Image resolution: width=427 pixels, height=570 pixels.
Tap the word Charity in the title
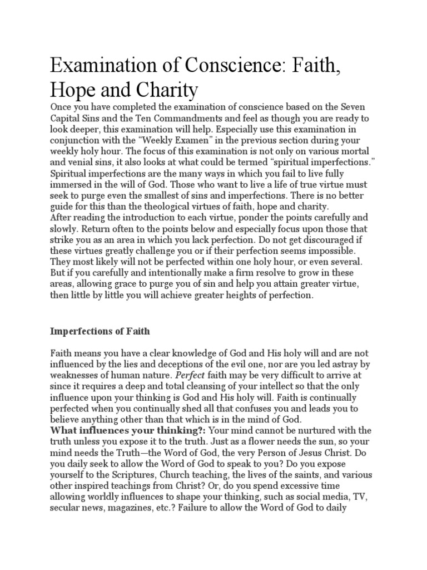tap(168, 91)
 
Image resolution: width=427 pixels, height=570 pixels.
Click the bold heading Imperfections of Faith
tap(100, 331)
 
